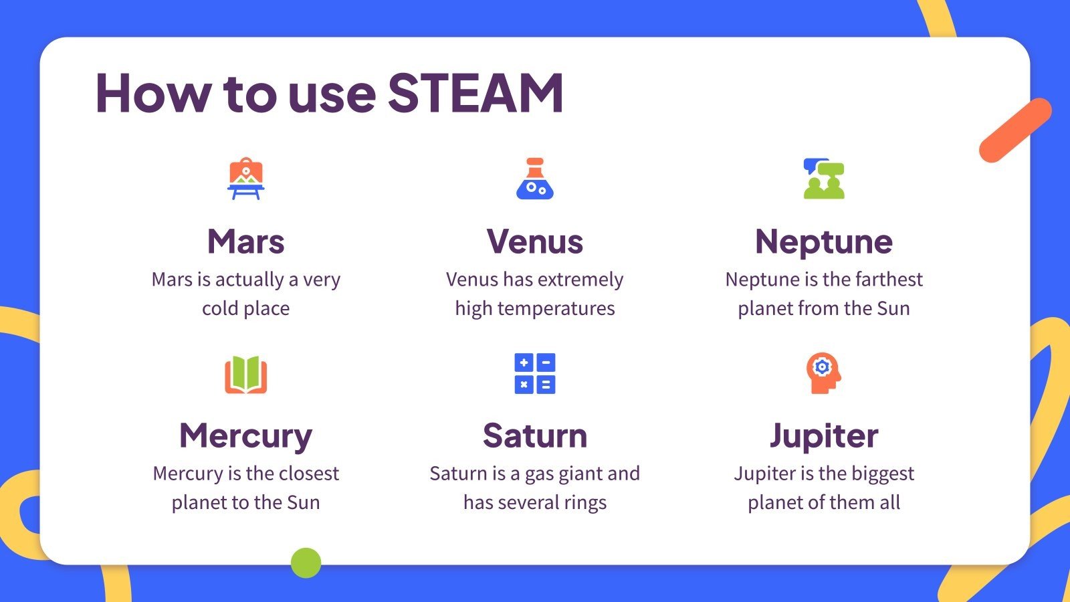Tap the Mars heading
245,241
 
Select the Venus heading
534,241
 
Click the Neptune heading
823,241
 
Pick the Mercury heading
245,436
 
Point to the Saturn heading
534,436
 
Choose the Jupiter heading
823,436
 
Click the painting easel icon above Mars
245,179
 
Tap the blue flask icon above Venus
534,179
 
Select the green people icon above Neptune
823,179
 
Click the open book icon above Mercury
245,374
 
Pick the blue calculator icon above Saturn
534,373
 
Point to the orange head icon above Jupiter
823,373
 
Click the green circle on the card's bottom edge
306,563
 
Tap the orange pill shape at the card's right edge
1015,130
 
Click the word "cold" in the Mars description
220,308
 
